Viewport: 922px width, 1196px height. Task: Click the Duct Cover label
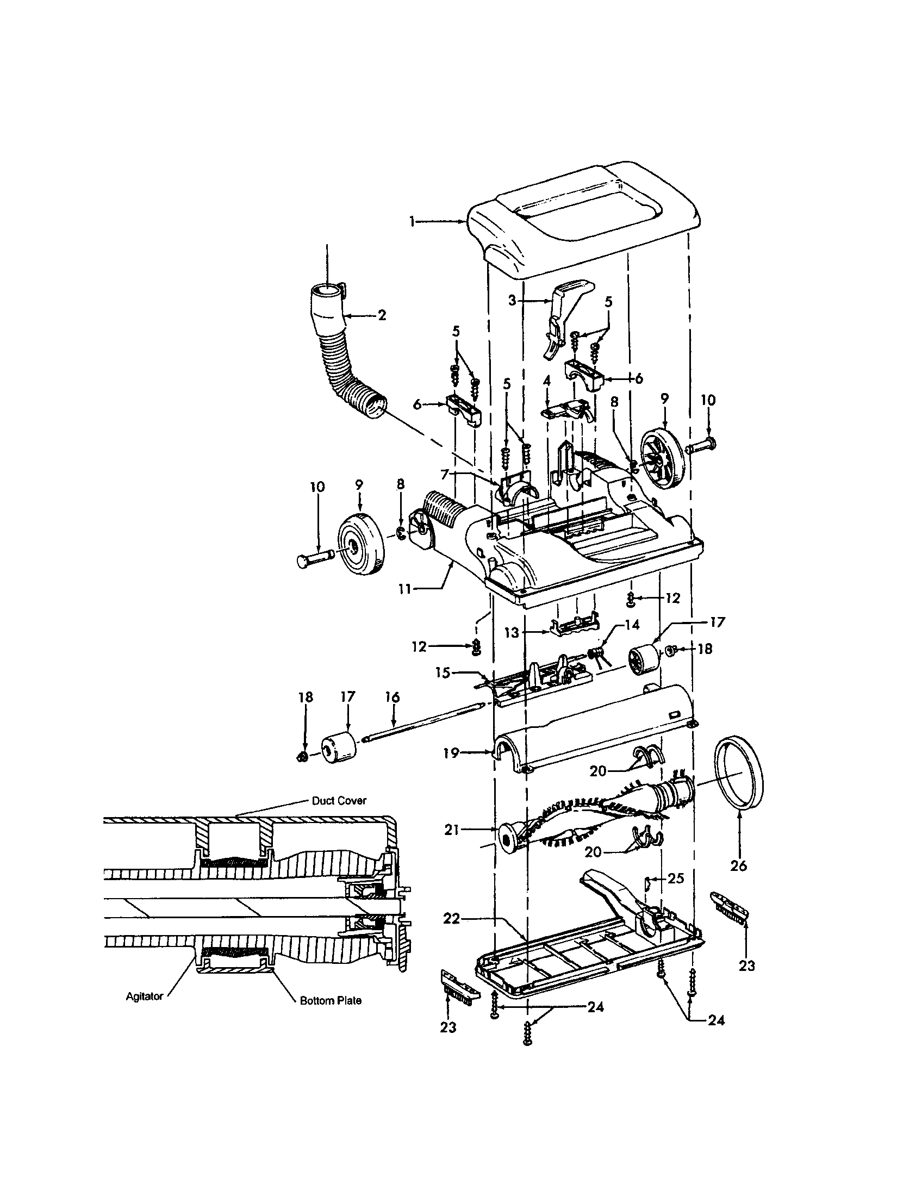338,801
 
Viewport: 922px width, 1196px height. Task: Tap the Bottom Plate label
330,1000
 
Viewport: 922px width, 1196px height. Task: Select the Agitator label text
145,996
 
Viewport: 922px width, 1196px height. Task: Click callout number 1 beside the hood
412,221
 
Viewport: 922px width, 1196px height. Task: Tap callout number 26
739,866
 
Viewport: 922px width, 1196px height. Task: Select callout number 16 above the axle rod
392,697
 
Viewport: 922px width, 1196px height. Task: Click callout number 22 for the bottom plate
452,919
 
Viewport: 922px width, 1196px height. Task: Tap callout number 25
676,879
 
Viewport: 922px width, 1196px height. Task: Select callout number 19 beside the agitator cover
451,753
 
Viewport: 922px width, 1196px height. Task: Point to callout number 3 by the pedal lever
512,301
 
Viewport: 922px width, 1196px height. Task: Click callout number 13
512,632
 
